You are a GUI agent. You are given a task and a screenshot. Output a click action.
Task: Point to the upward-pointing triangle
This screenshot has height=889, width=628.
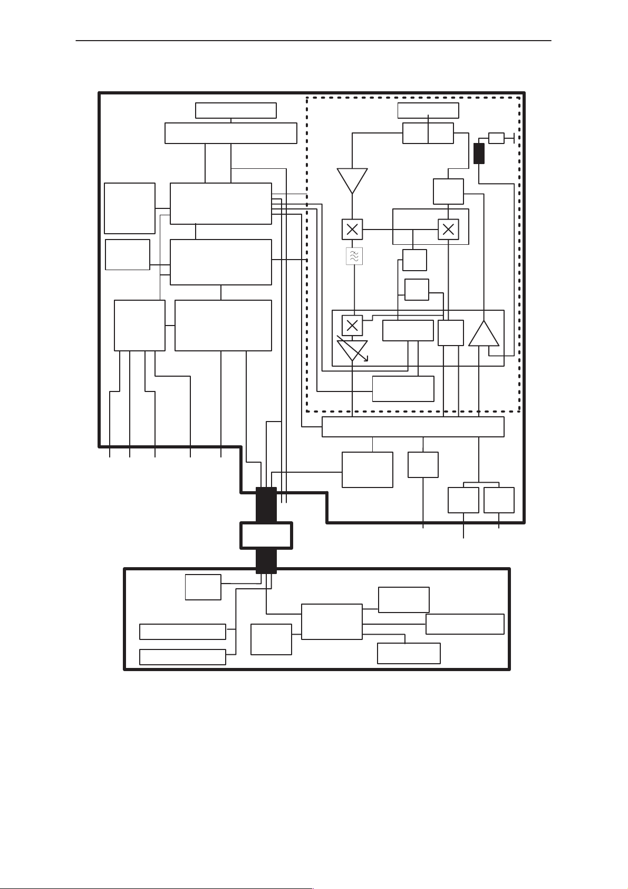[484, 334]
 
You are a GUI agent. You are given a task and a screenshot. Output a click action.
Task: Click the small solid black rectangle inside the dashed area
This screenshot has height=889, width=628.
[479, 154]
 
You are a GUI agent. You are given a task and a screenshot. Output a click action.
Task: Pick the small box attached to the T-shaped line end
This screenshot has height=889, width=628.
[496, 138]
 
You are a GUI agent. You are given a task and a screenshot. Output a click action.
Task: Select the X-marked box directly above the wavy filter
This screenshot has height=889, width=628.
[352, 230]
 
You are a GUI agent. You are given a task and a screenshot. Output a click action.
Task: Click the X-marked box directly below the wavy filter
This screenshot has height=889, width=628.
[352, 325]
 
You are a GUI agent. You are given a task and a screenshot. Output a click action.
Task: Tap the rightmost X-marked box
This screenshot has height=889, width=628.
[448, 230]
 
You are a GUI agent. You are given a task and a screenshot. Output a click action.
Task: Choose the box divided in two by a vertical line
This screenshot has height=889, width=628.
[428, 133]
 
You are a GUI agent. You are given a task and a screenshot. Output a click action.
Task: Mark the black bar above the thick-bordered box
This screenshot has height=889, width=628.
[266, 504]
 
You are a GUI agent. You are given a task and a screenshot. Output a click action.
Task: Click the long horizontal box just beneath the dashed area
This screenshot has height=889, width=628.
[413, 427]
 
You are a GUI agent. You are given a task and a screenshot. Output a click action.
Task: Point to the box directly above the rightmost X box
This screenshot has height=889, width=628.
[448, 192]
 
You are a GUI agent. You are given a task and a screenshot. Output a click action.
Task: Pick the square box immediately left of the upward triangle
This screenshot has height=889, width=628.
[451, 333]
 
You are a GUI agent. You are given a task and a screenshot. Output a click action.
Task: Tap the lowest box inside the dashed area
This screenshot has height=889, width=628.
[403, 389]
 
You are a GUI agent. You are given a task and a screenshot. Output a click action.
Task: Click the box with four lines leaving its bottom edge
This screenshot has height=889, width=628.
[140, 326]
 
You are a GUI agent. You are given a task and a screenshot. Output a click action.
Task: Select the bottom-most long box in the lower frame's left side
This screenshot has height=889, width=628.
[182, 657]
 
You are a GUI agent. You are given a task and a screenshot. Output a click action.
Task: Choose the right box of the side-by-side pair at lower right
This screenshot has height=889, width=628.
[499, 500]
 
